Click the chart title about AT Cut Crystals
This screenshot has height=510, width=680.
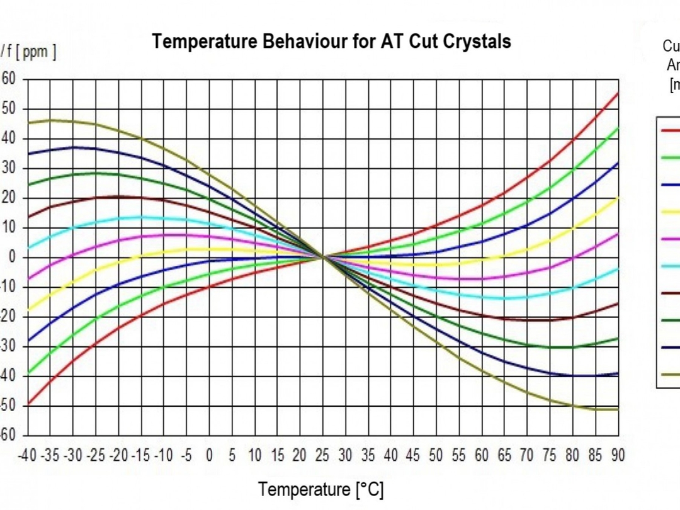pos(331,42)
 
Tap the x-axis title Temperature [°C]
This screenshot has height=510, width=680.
pos(320,489)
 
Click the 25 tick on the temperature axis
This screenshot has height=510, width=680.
pos(322,455)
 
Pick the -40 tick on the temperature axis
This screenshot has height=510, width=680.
pos(28,455)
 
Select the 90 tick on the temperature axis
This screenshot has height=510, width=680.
pos(617,455)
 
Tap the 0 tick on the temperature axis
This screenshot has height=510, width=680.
pos(210,455)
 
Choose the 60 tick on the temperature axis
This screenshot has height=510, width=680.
pos(481,455)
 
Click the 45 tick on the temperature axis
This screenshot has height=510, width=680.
pos(413,455)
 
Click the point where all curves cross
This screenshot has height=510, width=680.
pos(323,257)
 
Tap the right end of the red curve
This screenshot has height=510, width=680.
pos(618,93)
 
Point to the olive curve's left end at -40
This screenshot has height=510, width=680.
pos(29,123)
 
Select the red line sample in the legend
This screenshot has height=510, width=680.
pos(670,130)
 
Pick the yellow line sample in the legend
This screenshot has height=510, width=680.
pos(670,212)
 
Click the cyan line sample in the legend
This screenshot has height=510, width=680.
pos(670,266)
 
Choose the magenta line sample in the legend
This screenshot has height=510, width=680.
pos(670,239)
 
